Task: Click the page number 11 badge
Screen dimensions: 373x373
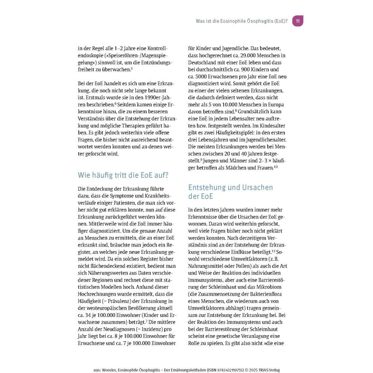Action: (298, 21)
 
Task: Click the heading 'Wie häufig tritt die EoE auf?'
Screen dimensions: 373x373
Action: (123, 175)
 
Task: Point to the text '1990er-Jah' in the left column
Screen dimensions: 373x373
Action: (157, 97)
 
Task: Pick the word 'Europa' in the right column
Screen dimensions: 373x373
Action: (278, 104)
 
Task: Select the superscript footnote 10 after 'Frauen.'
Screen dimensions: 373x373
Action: (276, 167)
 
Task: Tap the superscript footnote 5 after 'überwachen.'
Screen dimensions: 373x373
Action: (132, 68)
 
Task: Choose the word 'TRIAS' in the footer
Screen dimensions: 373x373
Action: (263, 370)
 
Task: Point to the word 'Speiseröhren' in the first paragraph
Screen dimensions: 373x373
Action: (111, 55)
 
